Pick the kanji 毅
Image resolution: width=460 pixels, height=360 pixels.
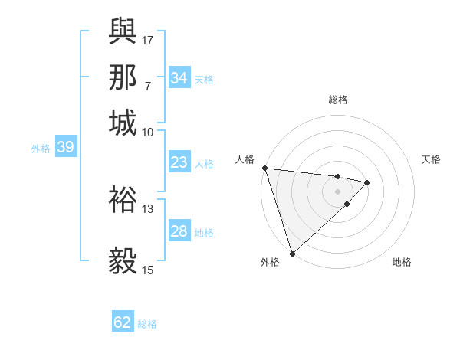(x=123, y=260)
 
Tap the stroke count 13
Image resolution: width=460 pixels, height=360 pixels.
(x=148, y=208)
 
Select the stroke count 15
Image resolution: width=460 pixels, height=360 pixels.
(x=148, y=269)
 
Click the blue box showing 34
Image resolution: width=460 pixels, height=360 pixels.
(x=179, y=77)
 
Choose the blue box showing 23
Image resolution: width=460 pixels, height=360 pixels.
(x=179, y=162)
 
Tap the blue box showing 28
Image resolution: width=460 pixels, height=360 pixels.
(x=179, y=231)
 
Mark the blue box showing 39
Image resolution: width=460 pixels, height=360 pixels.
(x=65, y=148)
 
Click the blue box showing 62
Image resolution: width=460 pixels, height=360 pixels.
(x=123, y=322)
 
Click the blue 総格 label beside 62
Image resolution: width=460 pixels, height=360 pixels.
(x=147, y=324)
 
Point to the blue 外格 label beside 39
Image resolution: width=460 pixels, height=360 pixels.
(x=41, y=149)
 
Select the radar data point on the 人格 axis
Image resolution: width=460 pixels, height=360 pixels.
(x=264, y=168)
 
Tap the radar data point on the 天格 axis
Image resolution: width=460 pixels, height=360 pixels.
(x=367, y=182)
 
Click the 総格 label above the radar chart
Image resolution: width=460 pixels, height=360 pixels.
(x=338, y=100)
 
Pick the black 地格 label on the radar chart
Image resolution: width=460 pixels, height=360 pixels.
(x=402, y=262)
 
